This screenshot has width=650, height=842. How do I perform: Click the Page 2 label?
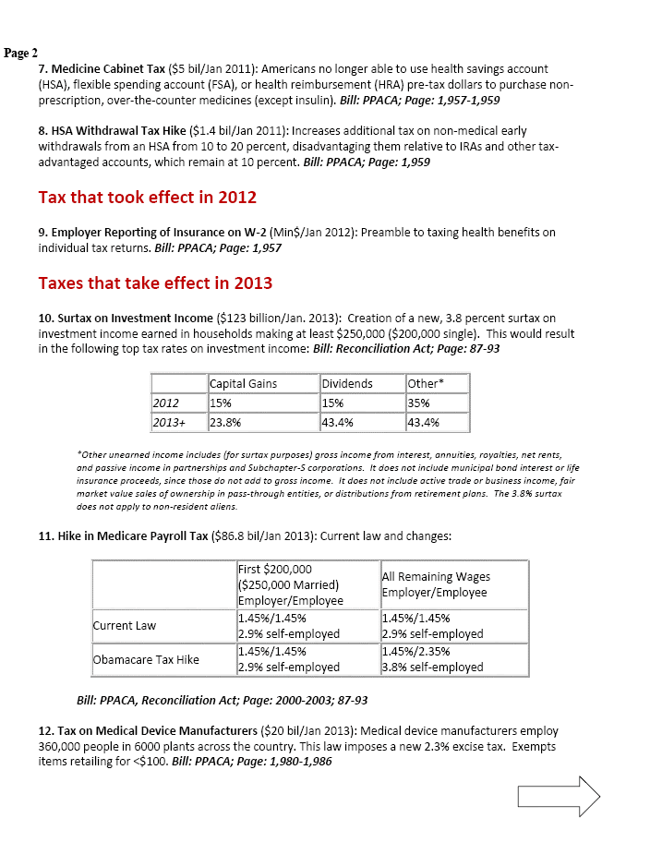click(20, 53)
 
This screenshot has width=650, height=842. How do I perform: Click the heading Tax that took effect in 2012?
click(147, 197)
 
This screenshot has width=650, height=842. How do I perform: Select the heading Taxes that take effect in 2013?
click(155, 282)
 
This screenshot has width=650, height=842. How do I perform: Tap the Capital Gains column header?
click(244, 383)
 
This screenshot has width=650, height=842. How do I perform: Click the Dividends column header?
click(347, 383)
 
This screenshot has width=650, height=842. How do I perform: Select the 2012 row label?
click(166, 403)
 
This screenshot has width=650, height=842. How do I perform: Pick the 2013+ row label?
click(171, 422)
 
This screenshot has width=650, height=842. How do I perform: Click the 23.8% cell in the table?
click(226, 422)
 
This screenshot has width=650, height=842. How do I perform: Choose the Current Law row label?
click(125, 625)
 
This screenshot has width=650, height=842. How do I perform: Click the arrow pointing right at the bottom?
click(560, 796)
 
